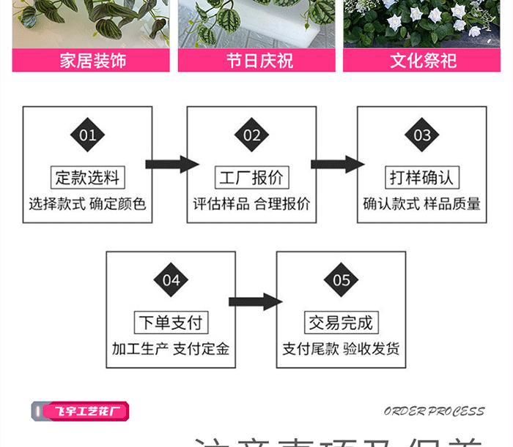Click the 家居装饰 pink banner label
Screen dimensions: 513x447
92,60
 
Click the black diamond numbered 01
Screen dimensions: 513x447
88,135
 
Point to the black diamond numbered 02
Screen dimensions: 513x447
252,135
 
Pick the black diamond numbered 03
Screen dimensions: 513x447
422,135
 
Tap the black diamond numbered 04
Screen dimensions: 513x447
171,280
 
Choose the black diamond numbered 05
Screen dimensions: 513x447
341,280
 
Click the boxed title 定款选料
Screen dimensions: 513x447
88,177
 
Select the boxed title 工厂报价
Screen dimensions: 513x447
252,177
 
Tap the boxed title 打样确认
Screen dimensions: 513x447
422,177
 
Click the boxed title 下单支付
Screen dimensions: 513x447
171,322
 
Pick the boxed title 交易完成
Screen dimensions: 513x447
341,322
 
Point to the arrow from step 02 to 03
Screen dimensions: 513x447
337,163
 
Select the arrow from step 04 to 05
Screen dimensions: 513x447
254,301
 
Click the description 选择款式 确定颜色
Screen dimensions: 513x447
88,203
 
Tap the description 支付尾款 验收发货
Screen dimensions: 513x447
341,349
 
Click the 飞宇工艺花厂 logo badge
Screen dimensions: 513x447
81,410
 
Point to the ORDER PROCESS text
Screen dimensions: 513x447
434,411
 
